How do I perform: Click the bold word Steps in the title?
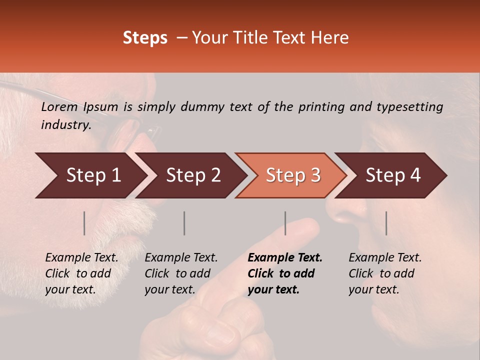[145, 38]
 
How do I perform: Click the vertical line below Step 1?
[84, 223]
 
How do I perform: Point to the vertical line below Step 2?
[184, 223]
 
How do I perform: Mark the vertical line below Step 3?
[285, 223]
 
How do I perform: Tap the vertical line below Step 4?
[386, 223]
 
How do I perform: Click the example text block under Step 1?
[81, 273]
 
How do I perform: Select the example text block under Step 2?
[181, 273]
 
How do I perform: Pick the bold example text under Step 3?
[285, 273]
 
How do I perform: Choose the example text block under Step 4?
[385, 273]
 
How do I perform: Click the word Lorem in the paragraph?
[59, 106]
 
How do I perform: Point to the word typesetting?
[410, 107]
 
